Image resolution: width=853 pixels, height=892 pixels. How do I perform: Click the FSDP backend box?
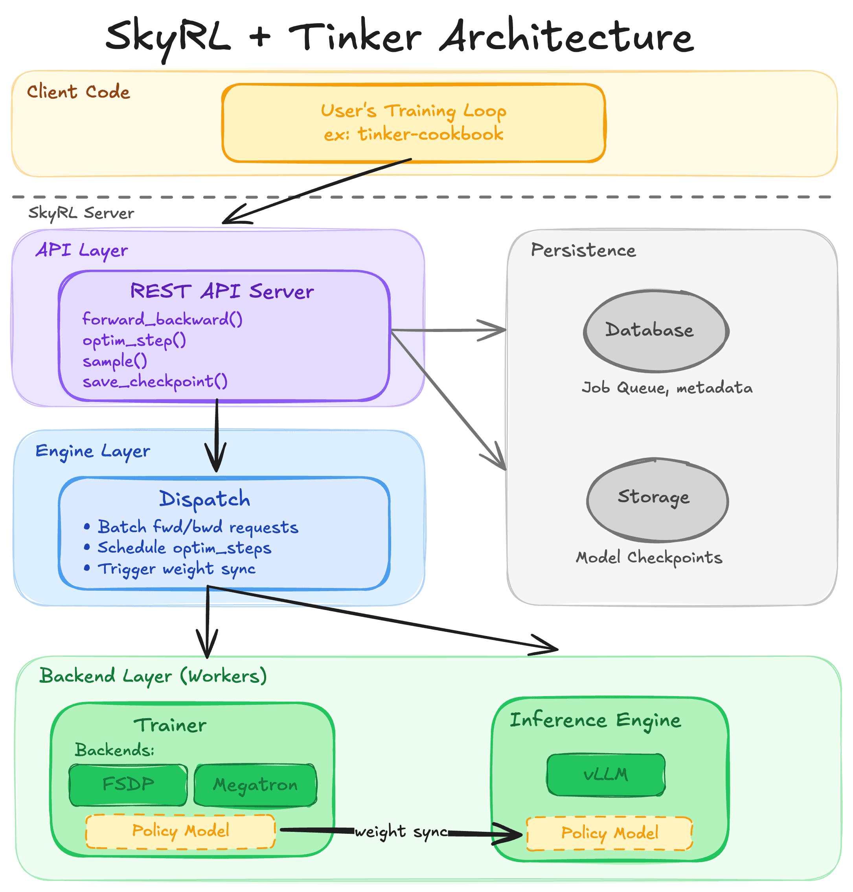point(128,784)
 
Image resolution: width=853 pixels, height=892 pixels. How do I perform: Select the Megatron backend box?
point(255,785)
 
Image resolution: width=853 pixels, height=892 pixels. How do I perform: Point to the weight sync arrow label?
point(400,831)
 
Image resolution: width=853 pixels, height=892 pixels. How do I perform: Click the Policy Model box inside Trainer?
point(180,831)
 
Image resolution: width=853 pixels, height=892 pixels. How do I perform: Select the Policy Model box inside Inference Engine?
point(609,833)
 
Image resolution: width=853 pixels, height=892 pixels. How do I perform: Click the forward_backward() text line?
point(162,319)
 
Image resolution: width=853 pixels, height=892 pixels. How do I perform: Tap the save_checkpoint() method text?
point(154,381)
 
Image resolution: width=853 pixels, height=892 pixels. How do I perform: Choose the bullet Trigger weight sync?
point(176,569)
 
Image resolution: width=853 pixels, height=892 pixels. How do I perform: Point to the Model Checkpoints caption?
point(649,558)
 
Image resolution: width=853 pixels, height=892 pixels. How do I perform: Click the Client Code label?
point(78,92)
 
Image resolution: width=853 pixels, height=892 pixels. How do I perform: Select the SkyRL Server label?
point(81,213)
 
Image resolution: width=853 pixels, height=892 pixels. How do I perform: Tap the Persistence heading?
point(583,251)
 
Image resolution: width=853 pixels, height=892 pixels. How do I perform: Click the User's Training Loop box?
point(413,123)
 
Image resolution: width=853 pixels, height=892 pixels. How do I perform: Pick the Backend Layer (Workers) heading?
point(153,676)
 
